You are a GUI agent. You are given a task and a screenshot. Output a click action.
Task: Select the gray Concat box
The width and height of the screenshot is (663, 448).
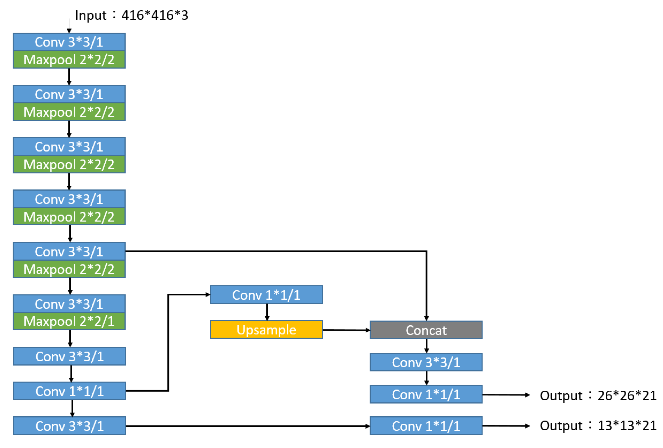426,330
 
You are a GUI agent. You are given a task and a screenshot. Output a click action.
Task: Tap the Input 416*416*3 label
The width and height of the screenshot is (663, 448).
131,15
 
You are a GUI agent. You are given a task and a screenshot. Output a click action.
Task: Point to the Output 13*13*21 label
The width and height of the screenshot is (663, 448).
598,425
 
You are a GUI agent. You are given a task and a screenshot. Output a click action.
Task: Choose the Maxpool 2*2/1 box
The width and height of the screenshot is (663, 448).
69,321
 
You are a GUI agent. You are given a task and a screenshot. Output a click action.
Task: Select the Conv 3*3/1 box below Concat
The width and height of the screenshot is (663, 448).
426,362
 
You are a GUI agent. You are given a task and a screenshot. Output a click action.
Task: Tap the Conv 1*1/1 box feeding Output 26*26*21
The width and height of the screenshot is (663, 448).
426,394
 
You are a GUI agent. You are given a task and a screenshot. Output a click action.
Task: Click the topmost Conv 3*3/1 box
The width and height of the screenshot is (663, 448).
69,42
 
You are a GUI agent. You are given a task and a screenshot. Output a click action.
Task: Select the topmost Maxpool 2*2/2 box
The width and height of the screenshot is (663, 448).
69,60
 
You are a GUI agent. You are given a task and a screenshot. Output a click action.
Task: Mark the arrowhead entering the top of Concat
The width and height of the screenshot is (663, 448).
426,318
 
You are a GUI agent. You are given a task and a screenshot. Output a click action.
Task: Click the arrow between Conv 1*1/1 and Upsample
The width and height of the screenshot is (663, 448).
267,312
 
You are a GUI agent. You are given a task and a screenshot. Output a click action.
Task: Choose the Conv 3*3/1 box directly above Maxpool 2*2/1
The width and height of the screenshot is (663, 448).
69,304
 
